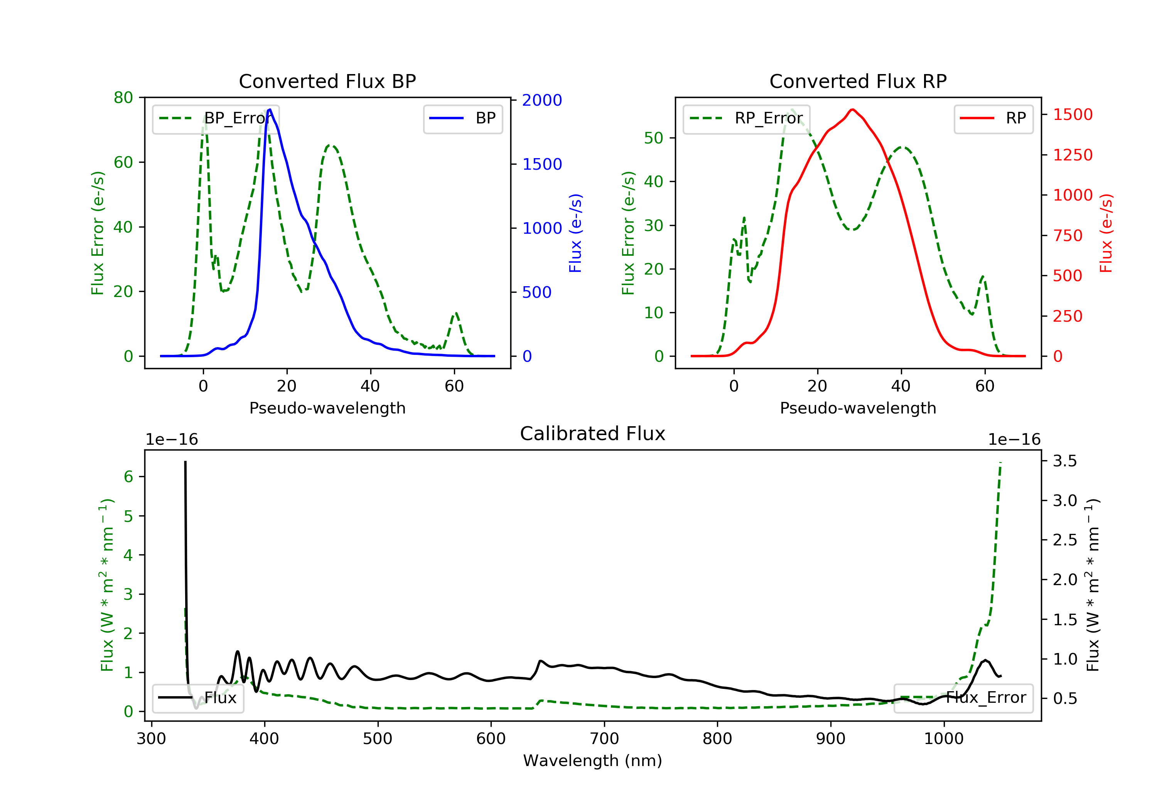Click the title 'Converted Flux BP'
pyautogui.click(x=327, y=81)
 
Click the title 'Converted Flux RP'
pyautogui.click(x=858, y=81)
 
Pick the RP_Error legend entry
pyautogui.click(x=746, y=118)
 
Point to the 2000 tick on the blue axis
pyautogui.click(x=542, y=100)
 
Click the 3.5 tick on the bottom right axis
pyautogui.click(x=1065, y=461)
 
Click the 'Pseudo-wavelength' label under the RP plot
pyautogui.click(x=858, y=408)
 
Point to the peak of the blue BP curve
pyautogui.click(x=270, y=110)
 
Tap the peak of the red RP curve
pyautogui.click(x=852, y=110)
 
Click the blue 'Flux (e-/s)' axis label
pyautogui.click(x=575, y=233)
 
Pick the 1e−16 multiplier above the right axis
pyautogui.click(x=1014, y=440)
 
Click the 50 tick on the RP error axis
pyautogui.click(x=654, y=138)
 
